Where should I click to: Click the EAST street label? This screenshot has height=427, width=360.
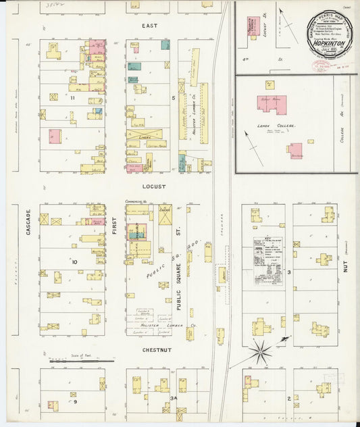pyautogui.click(x=149, y=26)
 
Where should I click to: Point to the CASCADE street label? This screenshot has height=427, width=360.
pyautogui.click(x=28, y=222)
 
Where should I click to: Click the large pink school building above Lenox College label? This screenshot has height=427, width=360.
pyautogui.click(x=272, y=104)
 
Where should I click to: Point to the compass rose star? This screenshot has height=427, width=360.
pyautogui.click(x=261, y=350)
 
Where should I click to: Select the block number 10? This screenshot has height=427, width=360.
pyautogui.click(x=76, y=261)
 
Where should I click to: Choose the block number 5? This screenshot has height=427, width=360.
pyautogui.click(x=174, y=99)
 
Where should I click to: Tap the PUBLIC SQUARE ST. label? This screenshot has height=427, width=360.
pyautogui.click(x=179, y=284)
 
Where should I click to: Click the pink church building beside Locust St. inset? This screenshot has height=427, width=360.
pyautogui.click(x=252, y=27)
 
